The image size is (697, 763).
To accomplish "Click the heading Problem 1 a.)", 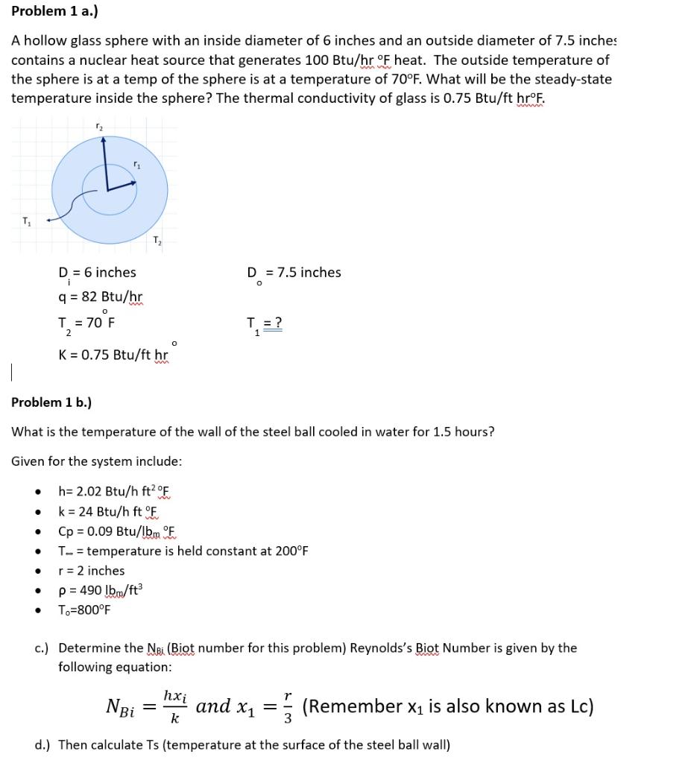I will click(x=54, y=11).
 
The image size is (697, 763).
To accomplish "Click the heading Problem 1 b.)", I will click(x=51, y=402).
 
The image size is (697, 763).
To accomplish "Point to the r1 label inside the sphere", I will click(x=136, y=164).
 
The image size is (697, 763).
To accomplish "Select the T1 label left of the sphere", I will click(x=27, y=221).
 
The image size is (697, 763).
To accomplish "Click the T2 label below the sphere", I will click(x=156, y=240).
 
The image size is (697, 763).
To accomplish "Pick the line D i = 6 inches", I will click(x=97, y=273).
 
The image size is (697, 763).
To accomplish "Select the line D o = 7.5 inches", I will click(x=294, y=273).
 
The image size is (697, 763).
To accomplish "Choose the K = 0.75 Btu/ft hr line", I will click(x=113, y=355).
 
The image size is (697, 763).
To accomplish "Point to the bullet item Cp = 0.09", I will click(x=118, y=531).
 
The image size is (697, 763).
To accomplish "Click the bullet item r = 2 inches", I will click(x=91, y=571).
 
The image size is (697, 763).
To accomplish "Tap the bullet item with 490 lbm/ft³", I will click(x=101, y=590).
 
